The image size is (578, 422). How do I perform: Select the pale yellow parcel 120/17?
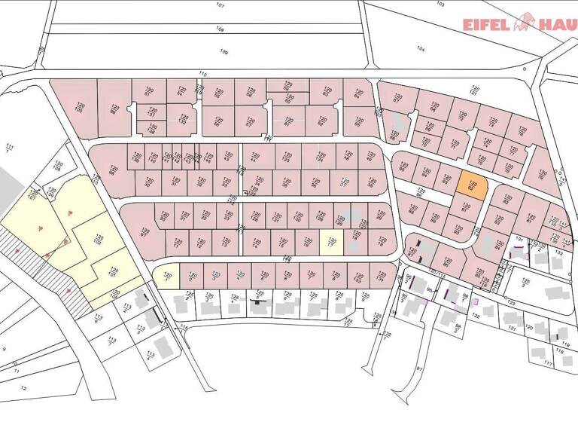pyautogui.click(x=330, y=243)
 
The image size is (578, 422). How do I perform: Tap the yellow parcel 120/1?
pyautogui.click(x=167, y=277)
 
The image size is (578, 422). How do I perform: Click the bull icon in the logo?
pyautogui.click(x=523, y=23)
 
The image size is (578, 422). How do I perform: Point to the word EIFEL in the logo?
pyautogui.click(x=486, y=23)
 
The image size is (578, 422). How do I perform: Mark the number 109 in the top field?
pyautogui.click(x=224, y=51)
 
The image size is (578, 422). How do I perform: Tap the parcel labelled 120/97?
pyautogui.click(x=412, y=252)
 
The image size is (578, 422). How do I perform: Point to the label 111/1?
pyautogui.click(x=9, y=147)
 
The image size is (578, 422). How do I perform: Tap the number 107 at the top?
pyautogui.click(x=220, y=5)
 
